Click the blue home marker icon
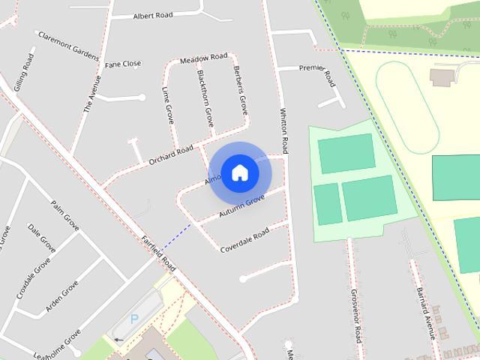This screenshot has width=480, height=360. (x=239, y=172)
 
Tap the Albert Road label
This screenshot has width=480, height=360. (x=154, y=16)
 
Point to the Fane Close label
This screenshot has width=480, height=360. (x=123, y=64)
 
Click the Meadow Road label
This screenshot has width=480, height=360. (x=203, y=58)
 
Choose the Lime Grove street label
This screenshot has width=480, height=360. (x=168, y=104)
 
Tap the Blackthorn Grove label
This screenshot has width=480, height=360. (x=205, y=97)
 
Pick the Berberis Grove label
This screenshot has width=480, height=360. (x=240, y=94)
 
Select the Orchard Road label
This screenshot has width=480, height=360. (x=171, y=152)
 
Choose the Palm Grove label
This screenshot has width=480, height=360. (x=64, y=214)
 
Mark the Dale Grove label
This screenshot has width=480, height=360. (x=41, y=237)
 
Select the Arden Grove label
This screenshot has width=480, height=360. (x=62, y=296)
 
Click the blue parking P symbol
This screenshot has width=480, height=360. (x=134, y=319)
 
